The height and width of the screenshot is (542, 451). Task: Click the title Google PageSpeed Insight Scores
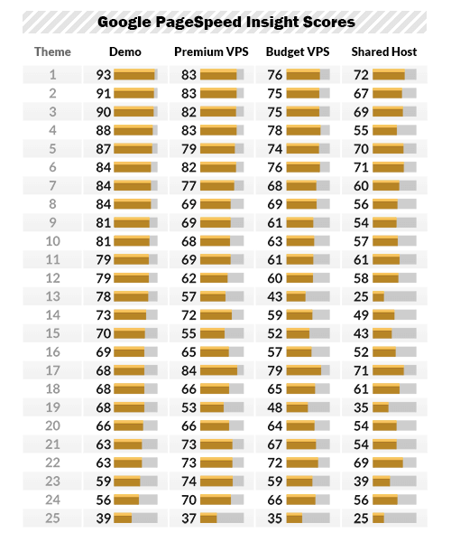coord(225,22)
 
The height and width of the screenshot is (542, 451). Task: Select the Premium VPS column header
coord(211,51)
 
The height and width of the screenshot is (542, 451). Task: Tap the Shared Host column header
coord(383,51)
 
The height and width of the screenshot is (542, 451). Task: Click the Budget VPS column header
coord(298,51)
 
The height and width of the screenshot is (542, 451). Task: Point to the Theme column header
coord(52,51)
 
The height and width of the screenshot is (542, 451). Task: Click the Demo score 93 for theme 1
coord(104,75)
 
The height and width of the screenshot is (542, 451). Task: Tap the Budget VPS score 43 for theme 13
coord(275,296)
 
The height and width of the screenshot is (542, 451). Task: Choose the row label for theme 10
coord(52,241)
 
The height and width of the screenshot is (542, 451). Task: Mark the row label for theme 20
coord(52,425)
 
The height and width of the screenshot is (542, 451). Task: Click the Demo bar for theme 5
coord(135,149)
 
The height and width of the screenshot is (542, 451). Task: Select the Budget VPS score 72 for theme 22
coord(275,463)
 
